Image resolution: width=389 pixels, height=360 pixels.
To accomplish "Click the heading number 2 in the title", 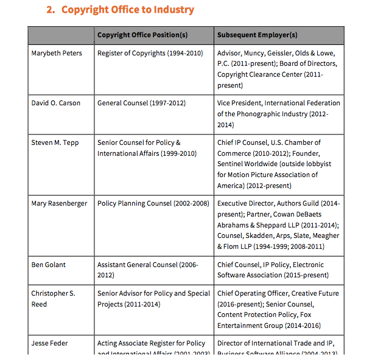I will [x=51, y=10].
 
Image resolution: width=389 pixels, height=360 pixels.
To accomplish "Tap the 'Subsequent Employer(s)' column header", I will [x=257, y=35].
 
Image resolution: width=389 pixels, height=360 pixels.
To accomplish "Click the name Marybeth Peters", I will [x=57, y=54].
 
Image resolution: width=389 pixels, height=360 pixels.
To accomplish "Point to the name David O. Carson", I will [x=56, y=103].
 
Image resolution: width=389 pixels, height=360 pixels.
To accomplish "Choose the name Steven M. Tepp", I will [x=55, y=143].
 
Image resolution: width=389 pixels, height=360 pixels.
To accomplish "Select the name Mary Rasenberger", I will [x=59, y=203].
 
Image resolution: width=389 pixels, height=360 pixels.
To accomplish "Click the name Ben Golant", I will [x=49, y=265].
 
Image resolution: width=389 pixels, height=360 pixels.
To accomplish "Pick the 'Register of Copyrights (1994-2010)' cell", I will [x=150, y=54].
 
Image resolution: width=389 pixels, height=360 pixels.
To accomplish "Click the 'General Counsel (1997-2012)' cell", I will [x=141, y=103].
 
